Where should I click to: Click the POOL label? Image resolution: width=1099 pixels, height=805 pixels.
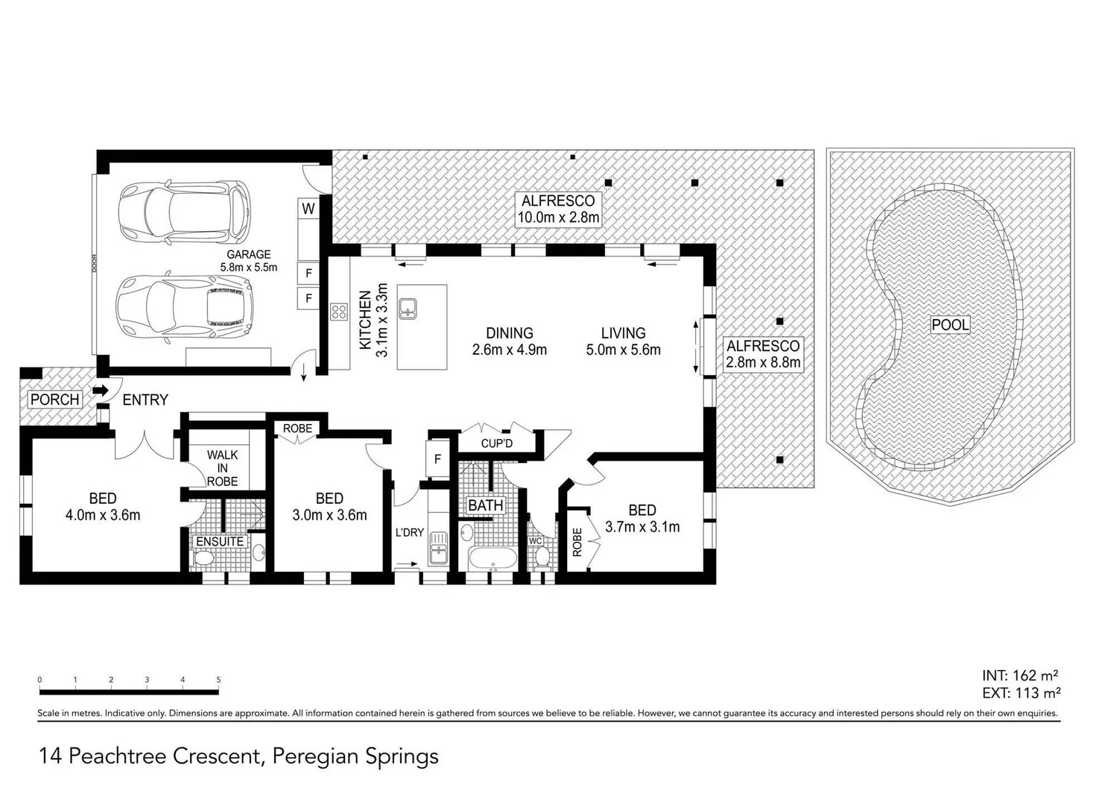coord(950,325)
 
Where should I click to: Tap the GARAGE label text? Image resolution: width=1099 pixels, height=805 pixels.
coord(248,254)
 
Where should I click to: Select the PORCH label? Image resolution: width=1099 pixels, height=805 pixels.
coord(54,400)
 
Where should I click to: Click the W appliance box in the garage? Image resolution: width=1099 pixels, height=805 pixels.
coord(308,209)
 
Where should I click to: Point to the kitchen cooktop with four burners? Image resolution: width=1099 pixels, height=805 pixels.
coord(339,312)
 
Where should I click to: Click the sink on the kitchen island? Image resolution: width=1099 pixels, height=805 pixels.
coord(408,308)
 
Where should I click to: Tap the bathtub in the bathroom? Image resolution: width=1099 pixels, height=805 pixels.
coord(490,558)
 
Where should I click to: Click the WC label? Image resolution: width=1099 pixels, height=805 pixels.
coord(535,541)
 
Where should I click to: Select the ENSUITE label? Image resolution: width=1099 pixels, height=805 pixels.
coord(220,541)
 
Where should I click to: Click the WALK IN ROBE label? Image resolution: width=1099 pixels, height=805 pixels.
coord(222,467)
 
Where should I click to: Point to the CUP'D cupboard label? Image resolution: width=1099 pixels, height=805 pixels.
coord(496,443)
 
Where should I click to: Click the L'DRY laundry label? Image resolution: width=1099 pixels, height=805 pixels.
coord(409,532)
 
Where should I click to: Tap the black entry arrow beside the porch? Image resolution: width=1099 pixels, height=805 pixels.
coord(100,391)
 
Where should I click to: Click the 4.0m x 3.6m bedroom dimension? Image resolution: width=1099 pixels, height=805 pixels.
coord(103,515)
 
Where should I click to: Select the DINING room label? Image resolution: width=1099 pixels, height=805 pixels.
coord(509,333)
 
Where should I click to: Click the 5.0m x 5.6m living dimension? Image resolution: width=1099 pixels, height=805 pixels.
coord(623,350)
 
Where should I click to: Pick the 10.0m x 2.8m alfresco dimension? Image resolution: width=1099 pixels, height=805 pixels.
coord(558,218)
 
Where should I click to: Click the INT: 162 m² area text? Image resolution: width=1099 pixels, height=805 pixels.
coord(1020,675)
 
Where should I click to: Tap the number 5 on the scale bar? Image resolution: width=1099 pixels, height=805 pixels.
coord(218,680)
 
